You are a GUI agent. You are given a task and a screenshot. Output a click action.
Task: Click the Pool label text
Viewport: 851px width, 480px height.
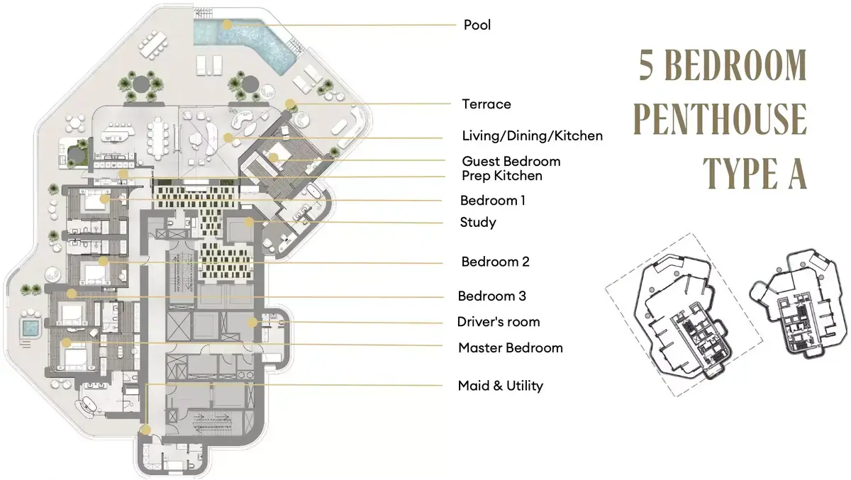click(x=477, y=25)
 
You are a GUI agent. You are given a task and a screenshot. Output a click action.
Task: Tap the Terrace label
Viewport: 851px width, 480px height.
click(x=486, y=104)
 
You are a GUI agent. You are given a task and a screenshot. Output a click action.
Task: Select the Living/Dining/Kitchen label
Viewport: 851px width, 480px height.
click(x=533, y=136)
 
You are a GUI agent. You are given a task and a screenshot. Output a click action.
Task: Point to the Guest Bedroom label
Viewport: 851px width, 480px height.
click(x=511, y=162)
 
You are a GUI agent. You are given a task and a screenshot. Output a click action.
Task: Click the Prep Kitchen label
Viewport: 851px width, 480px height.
click(x=502, y=176)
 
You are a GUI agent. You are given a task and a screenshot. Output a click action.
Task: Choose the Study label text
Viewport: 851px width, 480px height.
click(x=478, y=223)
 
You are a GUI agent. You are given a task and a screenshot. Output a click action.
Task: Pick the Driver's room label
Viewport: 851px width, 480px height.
click(x=499, y=322)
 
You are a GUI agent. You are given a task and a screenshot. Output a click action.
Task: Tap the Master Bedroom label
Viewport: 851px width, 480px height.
click(x=510, y=348)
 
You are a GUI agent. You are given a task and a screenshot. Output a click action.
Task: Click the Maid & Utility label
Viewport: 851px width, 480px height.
click(x=501, y=386)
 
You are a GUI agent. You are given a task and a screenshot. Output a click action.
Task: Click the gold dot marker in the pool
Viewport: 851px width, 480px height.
click(x=227, y=25)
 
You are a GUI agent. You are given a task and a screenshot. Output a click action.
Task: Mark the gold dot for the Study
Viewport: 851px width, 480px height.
click(x=249, y=222)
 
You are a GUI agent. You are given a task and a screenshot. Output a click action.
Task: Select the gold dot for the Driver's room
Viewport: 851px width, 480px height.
click(x=252, y=323)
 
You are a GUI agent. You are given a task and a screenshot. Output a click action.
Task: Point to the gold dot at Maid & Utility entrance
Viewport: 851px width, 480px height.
click(x=146, y=430)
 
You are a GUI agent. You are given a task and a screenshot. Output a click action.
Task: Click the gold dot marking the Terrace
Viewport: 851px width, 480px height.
click(x=290, y=104)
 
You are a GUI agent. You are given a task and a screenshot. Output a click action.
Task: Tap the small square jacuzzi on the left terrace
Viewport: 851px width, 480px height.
click(x=30, y=328)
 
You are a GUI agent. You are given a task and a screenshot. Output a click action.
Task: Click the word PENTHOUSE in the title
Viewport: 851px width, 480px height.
click(x=720, y=119)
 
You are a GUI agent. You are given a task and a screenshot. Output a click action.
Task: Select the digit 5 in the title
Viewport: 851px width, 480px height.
click(x=646, y=65)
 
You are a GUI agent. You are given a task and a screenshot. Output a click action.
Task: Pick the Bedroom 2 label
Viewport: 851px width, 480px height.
click(x=495, y=262)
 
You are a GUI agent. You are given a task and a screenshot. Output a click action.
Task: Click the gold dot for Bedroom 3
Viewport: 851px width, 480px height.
click(x=72, y=293)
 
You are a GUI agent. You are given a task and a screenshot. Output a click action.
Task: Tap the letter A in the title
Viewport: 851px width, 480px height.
click(x=796, y=173)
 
